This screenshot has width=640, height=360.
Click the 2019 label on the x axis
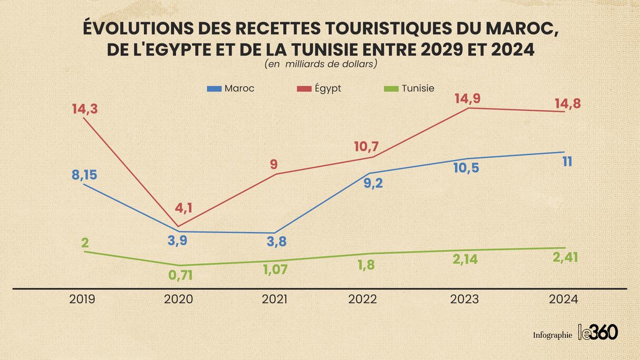point(82,299)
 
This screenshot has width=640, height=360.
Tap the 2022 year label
point(363,299)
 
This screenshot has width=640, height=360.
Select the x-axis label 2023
point(465,299)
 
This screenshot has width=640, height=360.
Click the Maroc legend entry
point(232,88)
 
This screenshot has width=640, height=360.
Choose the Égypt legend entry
point(319,88)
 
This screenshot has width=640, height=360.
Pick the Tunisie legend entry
point(410,88)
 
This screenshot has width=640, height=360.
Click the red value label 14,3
point(85,109)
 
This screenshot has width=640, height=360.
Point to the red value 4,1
point(184,208)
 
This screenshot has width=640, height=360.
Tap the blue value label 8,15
point(84,175)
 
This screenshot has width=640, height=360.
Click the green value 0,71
point(181,275)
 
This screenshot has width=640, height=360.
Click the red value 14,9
point(468,99)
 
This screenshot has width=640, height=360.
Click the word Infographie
point(552,335)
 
